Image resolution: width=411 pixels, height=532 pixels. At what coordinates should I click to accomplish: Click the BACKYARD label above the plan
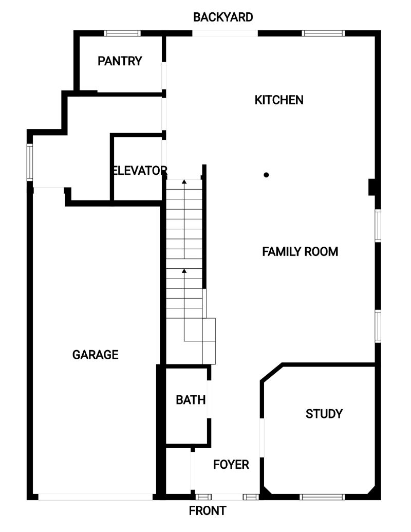click(223, 17)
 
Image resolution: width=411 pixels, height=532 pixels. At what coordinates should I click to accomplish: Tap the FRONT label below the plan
click(207, 510)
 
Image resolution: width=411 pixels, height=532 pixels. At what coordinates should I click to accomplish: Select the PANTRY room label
click(120, 61)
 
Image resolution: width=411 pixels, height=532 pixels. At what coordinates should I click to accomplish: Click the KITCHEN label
click(279, 100)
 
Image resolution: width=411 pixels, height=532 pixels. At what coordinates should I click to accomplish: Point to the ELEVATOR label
click(139, 170)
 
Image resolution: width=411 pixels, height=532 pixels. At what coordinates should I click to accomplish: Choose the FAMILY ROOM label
click(300, 251)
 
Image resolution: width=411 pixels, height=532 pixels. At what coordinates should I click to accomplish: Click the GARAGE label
click(95, 355)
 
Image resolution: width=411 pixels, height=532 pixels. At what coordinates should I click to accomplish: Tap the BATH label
click(191, 400)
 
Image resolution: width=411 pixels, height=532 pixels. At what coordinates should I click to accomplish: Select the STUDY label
click(324, 414)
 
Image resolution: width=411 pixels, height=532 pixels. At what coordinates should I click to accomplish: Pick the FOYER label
click(231, 464)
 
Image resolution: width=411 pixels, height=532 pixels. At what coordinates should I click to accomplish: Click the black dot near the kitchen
click(266, 175)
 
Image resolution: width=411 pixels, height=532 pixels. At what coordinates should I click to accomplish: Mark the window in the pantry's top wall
click(122, 33)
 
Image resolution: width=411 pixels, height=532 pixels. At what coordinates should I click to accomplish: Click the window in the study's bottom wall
click(322, 497)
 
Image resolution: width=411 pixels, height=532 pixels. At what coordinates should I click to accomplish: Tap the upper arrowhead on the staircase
click(184, 182)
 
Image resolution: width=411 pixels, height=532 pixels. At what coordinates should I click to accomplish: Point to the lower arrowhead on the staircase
click(184, 271)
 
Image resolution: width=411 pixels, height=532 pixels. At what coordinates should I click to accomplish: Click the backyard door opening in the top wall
click(225, 33)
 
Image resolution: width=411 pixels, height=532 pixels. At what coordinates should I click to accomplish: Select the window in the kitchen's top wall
click(323, 33)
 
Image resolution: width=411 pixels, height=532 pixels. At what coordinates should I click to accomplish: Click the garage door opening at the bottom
click(95, 497)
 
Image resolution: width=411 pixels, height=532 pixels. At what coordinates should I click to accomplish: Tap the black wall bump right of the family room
click(371, 187)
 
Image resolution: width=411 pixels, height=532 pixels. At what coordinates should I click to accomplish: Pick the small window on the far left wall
click(30, 162)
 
